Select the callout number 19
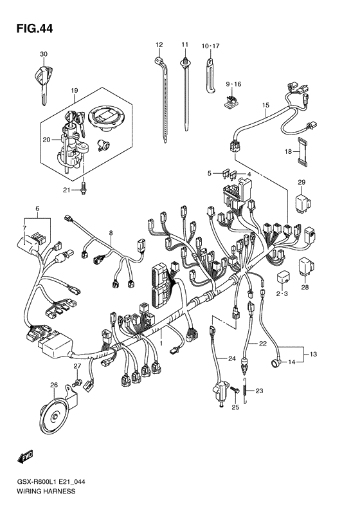tap(74, 91)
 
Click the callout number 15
tap(265, 105)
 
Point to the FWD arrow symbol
tap(25, 457)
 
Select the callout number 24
tap(222, 358)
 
